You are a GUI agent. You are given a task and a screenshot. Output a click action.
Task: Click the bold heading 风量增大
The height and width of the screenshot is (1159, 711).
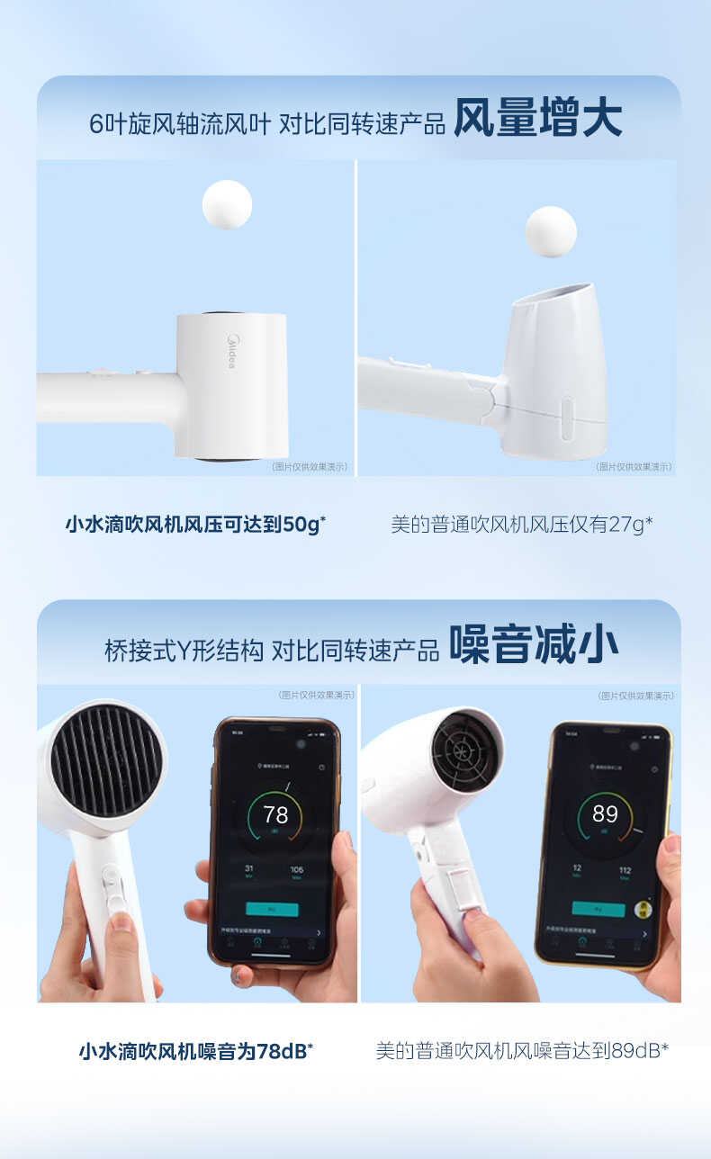(537, 120)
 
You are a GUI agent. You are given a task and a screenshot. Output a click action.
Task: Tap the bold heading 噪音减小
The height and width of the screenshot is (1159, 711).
(534, 646)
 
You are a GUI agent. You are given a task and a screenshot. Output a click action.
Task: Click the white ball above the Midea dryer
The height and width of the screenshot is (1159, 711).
(227, 204)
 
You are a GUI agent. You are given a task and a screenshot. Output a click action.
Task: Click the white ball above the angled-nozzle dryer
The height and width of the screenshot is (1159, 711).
(551, 231)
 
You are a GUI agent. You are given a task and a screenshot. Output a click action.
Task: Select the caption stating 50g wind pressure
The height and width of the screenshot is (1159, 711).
(195, 525)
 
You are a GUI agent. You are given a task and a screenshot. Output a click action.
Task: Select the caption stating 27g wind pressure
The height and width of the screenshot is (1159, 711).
(522, 525)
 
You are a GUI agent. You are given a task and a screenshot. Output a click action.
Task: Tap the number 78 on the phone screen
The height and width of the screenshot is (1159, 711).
(275, 815)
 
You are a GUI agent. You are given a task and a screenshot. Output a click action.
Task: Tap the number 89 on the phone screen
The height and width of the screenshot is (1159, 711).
(605, 814)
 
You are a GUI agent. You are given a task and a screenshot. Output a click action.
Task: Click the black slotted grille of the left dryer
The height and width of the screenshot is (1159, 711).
(107, 759)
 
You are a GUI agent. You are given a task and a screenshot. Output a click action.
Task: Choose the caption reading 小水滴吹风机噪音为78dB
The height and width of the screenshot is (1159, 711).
(195, 1050)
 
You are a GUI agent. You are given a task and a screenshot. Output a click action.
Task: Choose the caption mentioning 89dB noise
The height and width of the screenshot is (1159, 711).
(522, 1050)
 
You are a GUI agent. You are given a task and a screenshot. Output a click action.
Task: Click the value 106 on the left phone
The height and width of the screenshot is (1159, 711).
(296, 869)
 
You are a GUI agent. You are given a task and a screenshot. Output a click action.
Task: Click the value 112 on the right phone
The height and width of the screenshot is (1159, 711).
(625, 869)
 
